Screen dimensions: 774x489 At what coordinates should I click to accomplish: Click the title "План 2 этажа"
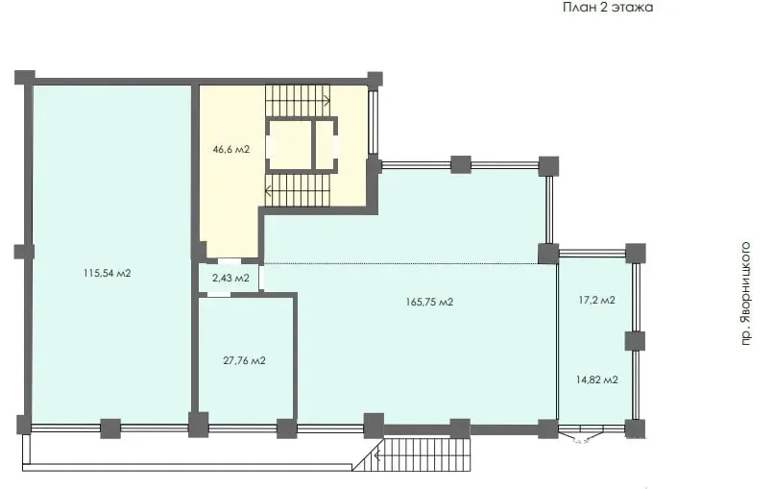pos(608,8)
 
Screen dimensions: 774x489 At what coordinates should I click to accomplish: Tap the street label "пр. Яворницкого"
pos(746,293)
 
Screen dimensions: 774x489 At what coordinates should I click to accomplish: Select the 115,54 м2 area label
pos(108,273)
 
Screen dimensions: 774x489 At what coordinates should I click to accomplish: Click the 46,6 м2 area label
pos(231,149)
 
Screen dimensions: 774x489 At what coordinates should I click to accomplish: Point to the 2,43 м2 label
pos(230,278)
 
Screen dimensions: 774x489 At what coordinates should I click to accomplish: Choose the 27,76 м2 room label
pos(244,360)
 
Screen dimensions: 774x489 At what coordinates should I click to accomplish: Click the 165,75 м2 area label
pos(429,302)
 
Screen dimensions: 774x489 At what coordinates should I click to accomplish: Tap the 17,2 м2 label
pos(596,300)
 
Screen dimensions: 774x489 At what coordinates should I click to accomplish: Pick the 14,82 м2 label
pos(596,379)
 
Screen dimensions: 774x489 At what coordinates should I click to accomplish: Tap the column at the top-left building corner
pos(25,78)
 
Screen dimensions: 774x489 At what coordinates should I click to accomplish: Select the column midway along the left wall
pos(24,252)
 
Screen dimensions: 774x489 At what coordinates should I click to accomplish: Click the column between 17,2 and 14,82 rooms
pos(635,341)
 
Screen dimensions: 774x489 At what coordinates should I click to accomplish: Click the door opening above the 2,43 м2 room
pos(230,260)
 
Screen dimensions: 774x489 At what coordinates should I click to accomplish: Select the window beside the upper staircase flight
pos(374,121)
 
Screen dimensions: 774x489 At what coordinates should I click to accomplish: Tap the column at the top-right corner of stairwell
pos(375,79)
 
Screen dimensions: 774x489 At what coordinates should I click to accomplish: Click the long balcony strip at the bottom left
pos(187,467)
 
